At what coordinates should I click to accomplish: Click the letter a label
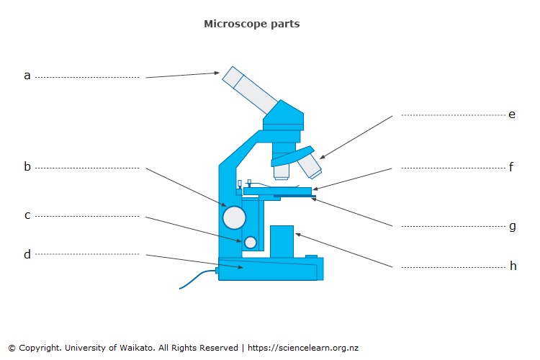point(27,76)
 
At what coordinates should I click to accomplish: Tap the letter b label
point(27,166)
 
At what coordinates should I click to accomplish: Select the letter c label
point(27,215)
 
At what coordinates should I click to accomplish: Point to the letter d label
point(27,254)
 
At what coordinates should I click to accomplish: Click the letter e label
point(512,114)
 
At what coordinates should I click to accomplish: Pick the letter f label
point(511,167)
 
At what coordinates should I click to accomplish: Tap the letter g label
point(513,227)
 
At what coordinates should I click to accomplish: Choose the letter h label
point(513,266)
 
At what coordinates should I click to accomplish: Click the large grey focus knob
point(234,217)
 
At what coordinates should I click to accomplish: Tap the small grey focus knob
point(251,243)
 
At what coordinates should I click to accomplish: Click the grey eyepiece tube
point(250,90)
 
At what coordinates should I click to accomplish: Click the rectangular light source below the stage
point(282,241)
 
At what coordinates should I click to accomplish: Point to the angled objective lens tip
point(310,166)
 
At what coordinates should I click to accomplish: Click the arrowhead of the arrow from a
point(217,73)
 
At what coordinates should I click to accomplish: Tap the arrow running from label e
point(356,137)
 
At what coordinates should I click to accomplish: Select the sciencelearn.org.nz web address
point(303,348)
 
